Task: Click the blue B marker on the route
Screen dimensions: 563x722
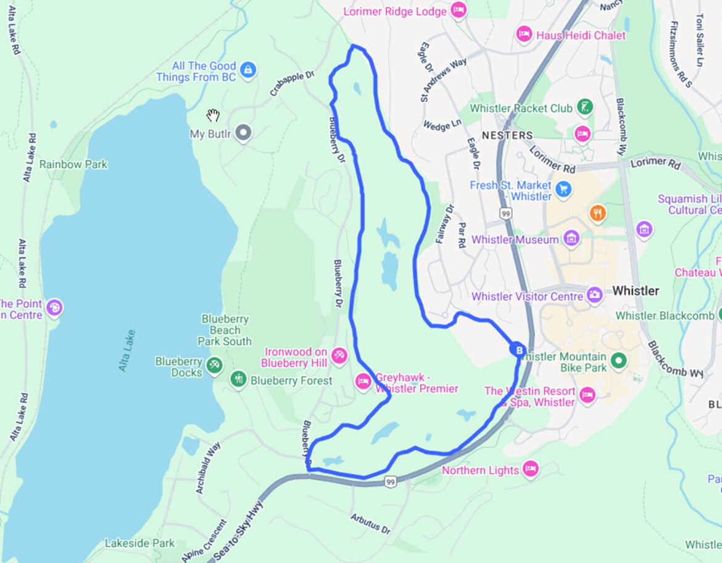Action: [x=518, y=350]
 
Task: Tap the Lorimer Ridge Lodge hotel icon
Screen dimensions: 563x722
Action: [x=458, y=10]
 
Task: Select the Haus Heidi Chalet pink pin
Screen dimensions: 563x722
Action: [x=524, y=35]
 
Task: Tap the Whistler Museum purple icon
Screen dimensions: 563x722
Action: [x=571, y=238]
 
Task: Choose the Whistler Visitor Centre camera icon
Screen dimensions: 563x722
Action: [x=594, y=294]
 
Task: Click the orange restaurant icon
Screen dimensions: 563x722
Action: [x=597, y=214]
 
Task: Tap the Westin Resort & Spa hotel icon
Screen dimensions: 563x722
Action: [x=586, y=394]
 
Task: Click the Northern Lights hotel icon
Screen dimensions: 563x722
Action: [x=530, y=469]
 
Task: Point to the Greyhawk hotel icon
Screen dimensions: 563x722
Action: [x=363, y=382]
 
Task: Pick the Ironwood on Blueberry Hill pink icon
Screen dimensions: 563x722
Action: [x=339, y=356]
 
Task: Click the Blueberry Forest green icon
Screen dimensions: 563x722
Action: [x=238, y=379]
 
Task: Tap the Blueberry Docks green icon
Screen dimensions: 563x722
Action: [x=214, y=365]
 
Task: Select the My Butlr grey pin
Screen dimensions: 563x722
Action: [x=244, y=133]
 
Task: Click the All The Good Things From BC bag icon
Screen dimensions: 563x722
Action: [x=248, y=69]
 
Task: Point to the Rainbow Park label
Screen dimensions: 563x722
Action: [x=73, y=164]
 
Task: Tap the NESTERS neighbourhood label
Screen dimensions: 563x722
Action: [x=507, y=135]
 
